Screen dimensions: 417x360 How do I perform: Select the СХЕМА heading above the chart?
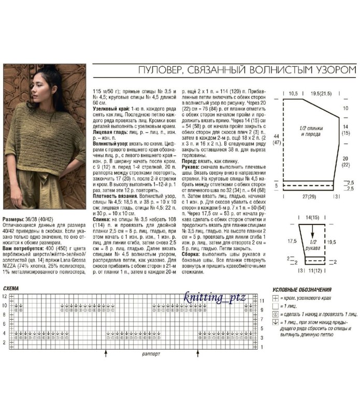(x=11, y=287)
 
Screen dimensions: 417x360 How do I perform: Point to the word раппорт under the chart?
(x=151, y=356)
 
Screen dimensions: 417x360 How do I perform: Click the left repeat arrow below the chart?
(x=106, y=352)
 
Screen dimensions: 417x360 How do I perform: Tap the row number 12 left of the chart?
(x=5, y=296)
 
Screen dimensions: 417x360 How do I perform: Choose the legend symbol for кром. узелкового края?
(x=276, y=299)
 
